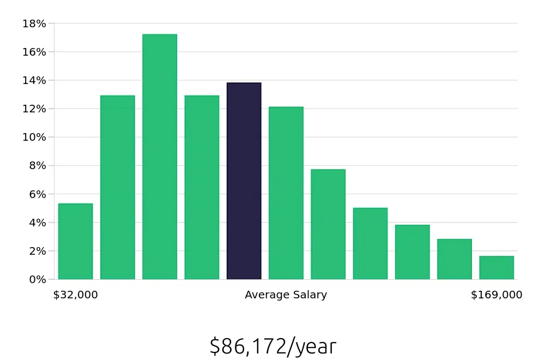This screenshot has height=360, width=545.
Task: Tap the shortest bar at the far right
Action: (x=496, y=268)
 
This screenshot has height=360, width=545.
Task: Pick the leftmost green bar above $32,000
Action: (x=75, y=242)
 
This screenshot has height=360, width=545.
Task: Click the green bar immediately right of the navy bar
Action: (x=286, y=193)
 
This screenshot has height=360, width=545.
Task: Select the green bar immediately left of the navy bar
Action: (x=202, y=188)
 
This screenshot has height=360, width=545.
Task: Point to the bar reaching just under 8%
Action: (x=328, y=224)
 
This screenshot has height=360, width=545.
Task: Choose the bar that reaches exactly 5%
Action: (x=370, y=244)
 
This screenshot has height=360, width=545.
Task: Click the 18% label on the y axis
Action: (x=34, y=23)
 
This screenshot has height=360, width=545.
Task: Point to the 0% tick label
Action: (x=37, y=279)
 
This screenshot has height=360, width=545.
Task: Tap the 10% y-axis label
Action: (x=34, y=137)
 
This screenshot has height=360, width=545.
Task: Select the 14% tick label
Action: (x=34, y=80)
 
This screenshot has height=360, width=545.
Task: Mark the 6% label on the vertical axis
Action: (x=37, y=194)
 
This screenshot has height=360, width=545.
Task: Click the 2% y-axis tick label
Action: (x=37, y=251)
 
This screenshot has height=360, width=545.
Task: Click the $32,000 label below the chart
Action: (x=75, y=295)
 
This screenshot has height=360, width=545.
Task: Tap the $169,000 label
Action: (x=496, y=295)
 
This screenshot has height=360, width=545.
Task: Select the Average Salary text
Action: (x=286, y=295)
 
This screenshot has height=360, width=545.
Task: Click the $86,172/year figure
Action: (x=272, y=346)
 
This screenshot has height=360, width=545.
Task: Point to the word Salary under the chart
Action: (x=309, y=295)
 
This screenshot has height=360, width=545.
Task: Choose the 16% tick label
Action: (x=34, y=52)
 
